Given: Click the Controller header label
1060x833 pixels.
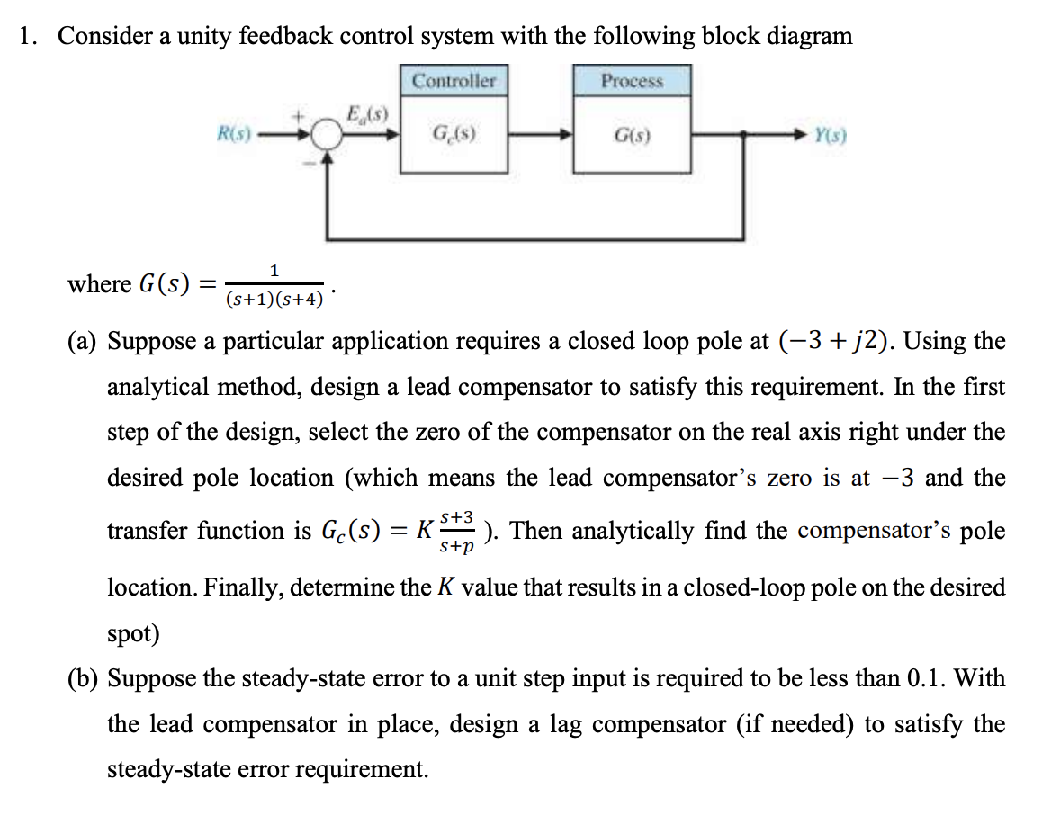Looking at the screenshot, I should tap(454, 81).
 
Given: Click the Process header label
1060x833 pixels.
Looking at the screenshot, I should tap(632, 81).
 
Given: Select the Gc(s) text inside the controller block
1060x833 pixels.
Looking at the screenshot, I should tap(454, 138).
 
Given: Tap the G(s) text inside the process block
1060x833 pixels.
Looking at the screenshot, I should tap(632, 138).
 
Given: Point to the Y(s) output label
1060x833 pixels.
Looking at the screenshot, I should tap(829, 138).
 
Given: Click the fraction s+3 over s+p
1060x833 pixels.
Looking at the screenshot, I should tap(457, 532).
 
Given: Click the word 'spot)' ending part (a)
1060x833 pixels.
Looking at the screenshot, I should tap(133, 633).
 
